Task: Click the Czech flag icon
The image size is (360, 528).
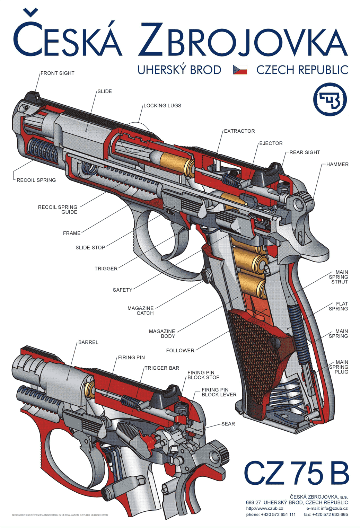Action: point(240,70)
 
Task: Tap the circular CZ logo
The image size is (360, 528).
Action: point(330,99)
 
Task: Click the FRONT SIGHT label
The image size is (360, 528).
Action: point(58,73)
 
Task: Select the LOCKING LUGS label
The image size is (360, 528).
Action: point(162,106)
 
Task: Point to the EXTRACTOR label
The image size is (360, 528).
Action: point(239,131)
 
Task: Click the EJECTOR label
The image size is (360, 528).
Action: point(271,143)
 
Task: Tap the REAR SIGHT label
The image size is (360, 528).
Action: point(305,152)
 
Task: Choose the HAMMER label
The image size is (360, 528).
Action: point(337,164)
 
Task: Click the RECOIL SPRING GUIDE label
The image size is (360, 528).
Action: point(58,210)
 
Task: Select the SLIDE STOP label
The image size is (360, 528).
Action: point(90,248)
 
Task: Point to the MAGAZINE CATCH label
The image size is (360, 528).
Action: point(141,311)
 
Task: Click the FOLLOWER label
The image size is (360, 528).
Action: point(180,351)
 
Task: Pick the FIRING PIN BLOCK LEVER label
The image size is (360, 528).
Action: point(219,392)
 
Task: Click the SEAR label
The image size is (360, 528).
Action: point(228,424)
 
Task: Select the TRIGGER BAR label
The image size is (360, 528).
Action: point(162,368)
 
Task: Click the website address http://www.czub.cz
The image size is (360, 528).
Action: point(264,509)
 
